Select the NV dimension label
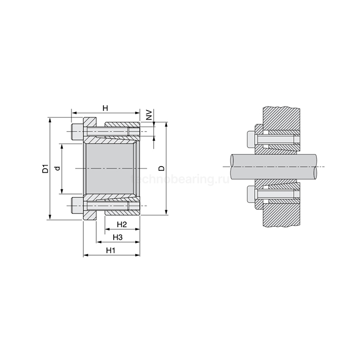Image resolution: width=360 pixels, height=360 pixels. pos(149,114)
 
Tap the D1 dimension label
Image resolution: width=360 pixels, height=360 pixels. pos(45,168)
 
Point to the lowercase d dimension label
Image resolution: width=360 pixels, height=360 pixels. pos(58,168)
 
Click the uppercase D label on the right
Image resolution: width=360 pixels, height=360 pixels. pos(161,168)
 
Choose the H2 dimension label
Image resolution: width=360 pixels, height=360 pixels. pos(122,224)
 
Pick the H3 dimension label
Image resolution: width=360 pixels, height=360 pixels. pos(118,237)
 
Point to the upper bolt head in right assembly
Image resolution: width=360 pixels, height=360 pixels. pos(252,139)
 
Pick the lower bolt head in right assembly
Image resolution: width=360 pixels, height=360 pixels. pos(252,195)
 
